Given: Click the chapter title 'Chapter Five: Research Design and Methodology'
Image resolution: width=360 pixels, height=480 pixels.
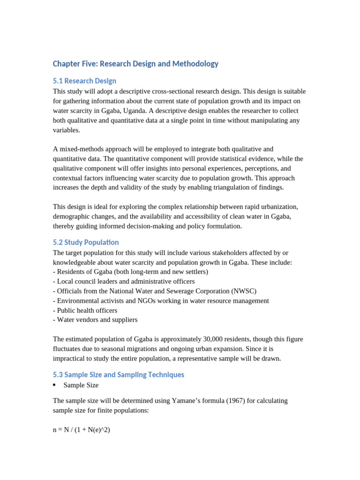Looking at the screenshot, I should [135, 64].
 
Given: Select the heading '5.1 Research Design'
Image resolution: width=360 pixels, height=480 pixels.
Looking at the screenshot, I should [84, 81].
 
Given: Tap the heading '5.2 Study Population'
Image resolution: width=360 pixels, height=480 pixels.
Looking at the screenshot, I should [86, 242].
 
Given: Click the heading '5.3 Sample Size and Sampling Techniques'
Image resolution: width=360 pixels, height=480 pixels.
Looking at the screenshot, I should [119, 375].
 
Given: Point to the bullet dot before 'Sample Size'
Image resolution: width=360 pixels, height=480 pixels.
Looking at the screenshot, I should [54, 385].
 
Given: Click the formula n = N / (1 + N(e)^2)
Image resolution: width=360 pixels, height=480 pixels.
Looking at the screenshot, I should [82, 429].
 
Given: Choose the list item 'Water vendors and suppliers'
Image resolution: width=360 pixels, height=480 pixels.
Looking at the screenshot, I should [97, 320].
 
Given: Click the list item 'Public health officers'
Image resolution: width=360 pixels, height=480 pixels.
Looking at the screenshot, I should [87, 310].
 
